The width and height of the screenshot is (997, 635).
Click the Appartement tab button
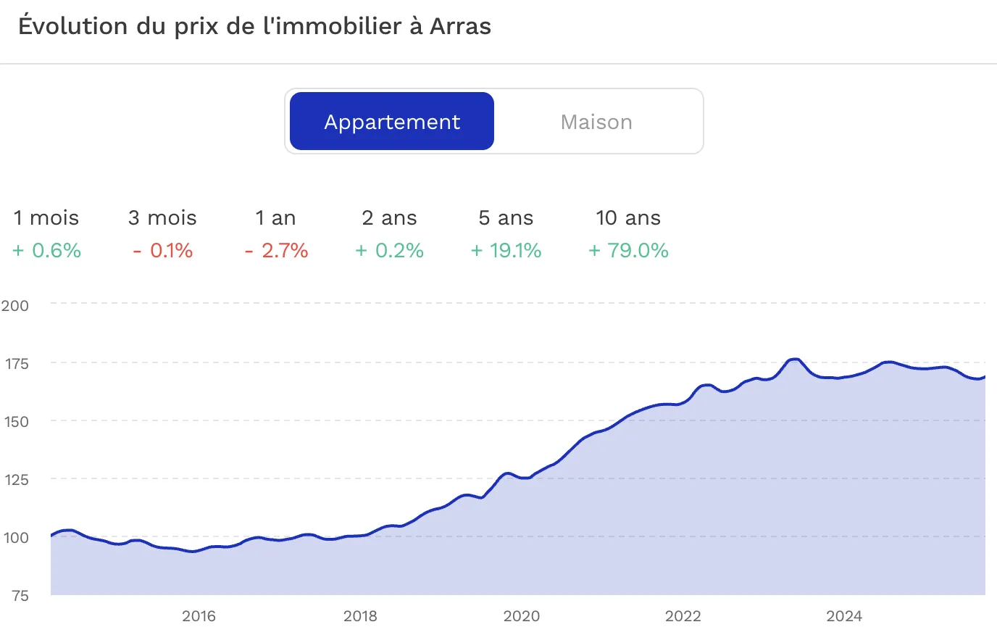[392, 122]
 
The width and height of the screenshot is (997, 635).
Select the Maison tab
[596, 122]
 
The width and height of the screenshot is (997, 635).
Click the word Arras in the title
[460, 27]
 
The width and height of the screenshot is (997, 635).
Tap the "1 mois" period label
[46, 218]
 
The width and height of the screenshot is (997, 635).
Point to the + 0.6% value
[47, 251]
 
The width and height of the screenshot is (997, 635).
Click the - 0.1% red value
[163, 251]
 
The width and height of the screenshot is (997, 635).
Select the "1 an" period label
[275, 218]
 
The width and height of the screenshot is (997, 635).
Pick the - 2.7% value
[277, 251]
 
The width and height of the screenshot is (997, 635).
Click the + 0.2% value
[390, 251]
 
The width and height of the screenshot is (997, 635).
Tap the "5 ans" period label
[506, 218]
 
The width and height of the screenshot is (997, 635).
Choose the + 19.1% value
[506, 251]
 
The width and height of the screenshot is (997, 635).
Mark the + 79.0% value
[628, 251]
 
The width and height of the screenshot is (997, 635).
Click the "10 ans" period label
[628, 218]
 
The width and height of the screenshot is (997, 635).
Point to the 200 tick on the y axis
[15, 306]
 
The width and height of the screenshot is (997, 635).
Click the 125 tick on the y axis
[15, 480]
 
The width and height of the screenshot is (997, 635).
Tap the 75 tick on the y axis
[20, 596]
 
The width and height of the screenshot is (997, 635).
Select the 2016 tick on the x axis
[199, 617]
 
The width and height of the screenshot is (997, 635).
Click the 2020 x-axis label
[522, 617]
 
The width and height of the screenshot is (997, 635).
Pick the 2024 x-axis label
[844, 617]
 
